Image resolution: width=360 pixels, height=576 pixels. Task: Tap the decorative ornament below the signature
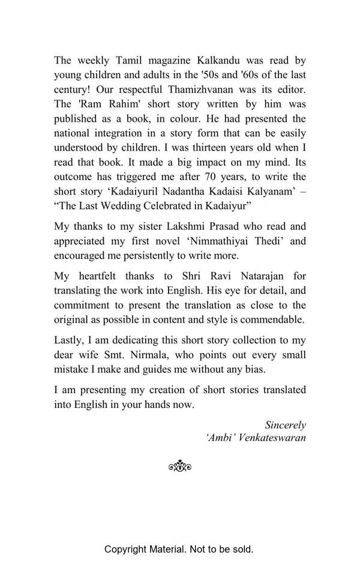pos(180,466)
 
